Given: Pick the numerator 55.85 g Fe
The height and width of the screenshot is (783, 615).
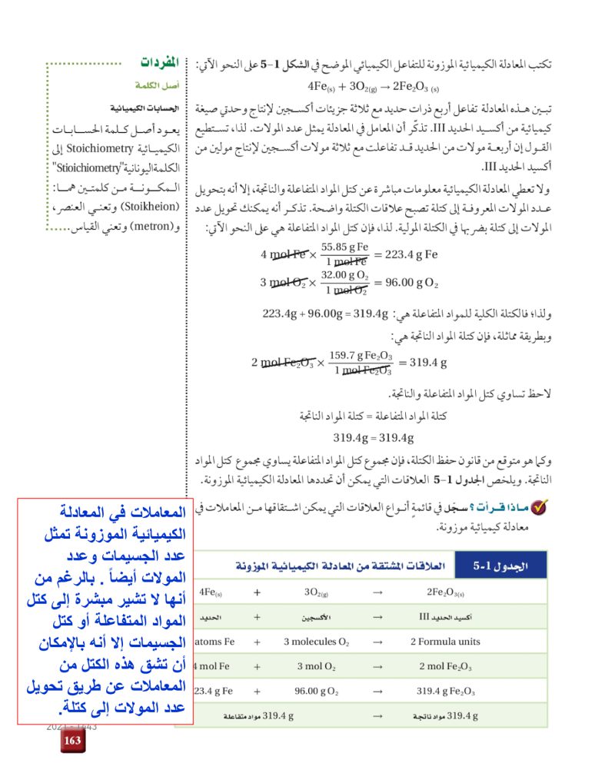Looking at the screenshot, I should point(345,248).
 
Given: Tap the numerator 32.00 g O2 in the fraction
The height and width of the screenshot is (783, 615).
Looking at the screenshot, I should point(345,275).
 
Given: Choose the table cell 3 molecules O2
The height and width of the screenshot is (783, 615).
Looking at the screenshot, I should point(316,642).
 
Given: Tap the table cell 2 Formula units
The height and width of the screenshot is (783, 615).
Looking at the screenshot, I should point(445,642).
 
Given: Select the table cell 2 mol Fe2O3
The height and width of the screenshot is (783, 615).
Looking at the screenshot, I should point(445,666).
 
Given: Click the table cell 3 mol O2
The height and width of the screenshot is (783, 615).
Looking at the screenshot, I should point(316,666).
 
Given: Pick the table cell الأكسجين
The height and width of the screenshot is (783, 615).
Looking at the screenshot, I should point(316,617).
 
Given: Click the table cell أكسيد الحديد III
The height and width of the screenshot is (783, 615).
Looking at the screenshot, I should point(445,617).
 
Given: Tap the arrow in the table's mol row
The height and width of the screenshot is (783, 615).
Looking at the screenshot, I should point(377,666).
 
